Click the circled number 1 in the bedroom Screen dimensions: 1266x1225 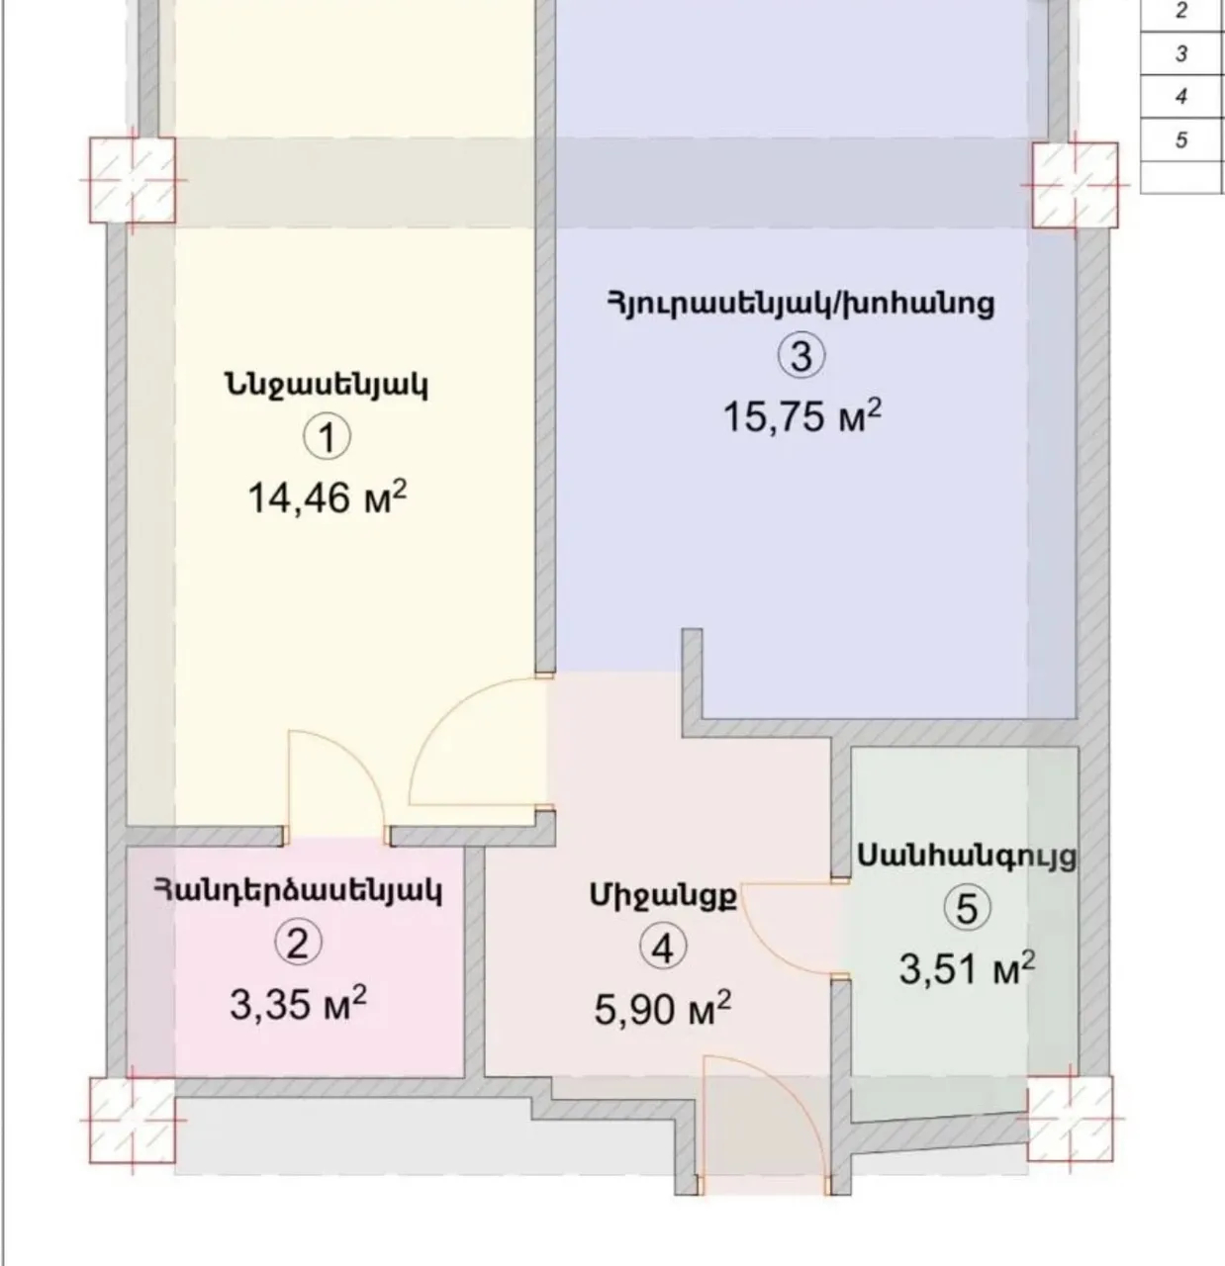point(327,436)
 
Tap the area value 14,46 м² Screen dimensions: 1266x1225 point(327,497)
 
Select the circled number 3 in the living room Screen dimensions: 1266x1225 point(801,355)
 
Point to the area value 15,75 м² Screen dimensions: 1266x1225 point(801,415)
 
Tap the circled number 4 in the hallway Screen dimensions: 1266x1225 point(663,948)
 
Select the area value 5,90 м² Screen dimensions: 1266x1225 point(663,1009)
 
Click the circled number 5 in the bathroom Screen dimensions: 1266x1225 point(967,907)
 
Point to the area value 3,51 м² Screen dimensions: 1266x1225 point(967,967)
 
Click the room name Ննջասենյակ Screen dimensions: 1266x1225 point(327,384)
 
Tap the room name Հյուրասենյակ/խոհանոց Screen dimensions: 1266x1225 point(801,303)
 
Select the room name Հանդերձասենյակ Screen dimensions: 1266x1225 point(297,890)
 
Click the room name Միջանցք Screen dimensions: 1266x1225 point(663,896)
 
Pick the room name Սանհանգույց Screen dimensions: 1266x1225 point(967,855)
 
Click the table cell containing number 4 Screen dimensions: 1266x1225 point(1181,97)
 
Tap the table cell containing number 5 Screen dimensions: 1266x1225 point(1181,140)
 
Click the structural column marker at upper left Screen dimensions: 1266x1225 point(133,180)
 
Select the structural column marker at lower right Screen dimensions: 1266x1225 point(1070,1119)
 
